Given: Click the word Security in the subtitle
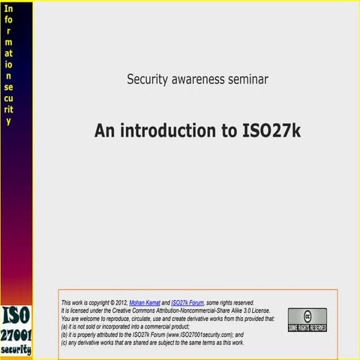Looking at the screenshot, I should click(148, 78).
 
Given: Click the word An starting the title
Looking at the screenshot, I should click(104, 130).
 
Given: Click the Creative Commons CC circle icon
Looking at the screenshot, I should click(307, 315).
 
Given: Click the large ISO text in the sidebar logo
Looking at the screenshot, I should click(16, 316).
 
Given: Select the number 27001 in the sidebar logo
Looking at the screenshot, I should click(16, 335).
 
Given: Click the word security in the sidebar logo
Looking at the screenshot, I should click(16, 349).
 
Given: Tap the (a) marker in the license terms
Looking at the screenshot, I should click(64, 326).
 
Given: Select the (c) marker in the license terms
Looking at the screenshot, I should click(64, 343).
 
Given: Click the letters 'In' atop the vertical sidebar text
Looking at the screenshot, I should click(9, 9).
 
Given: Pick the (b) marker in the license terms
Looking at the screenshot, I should click(64, 334).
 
